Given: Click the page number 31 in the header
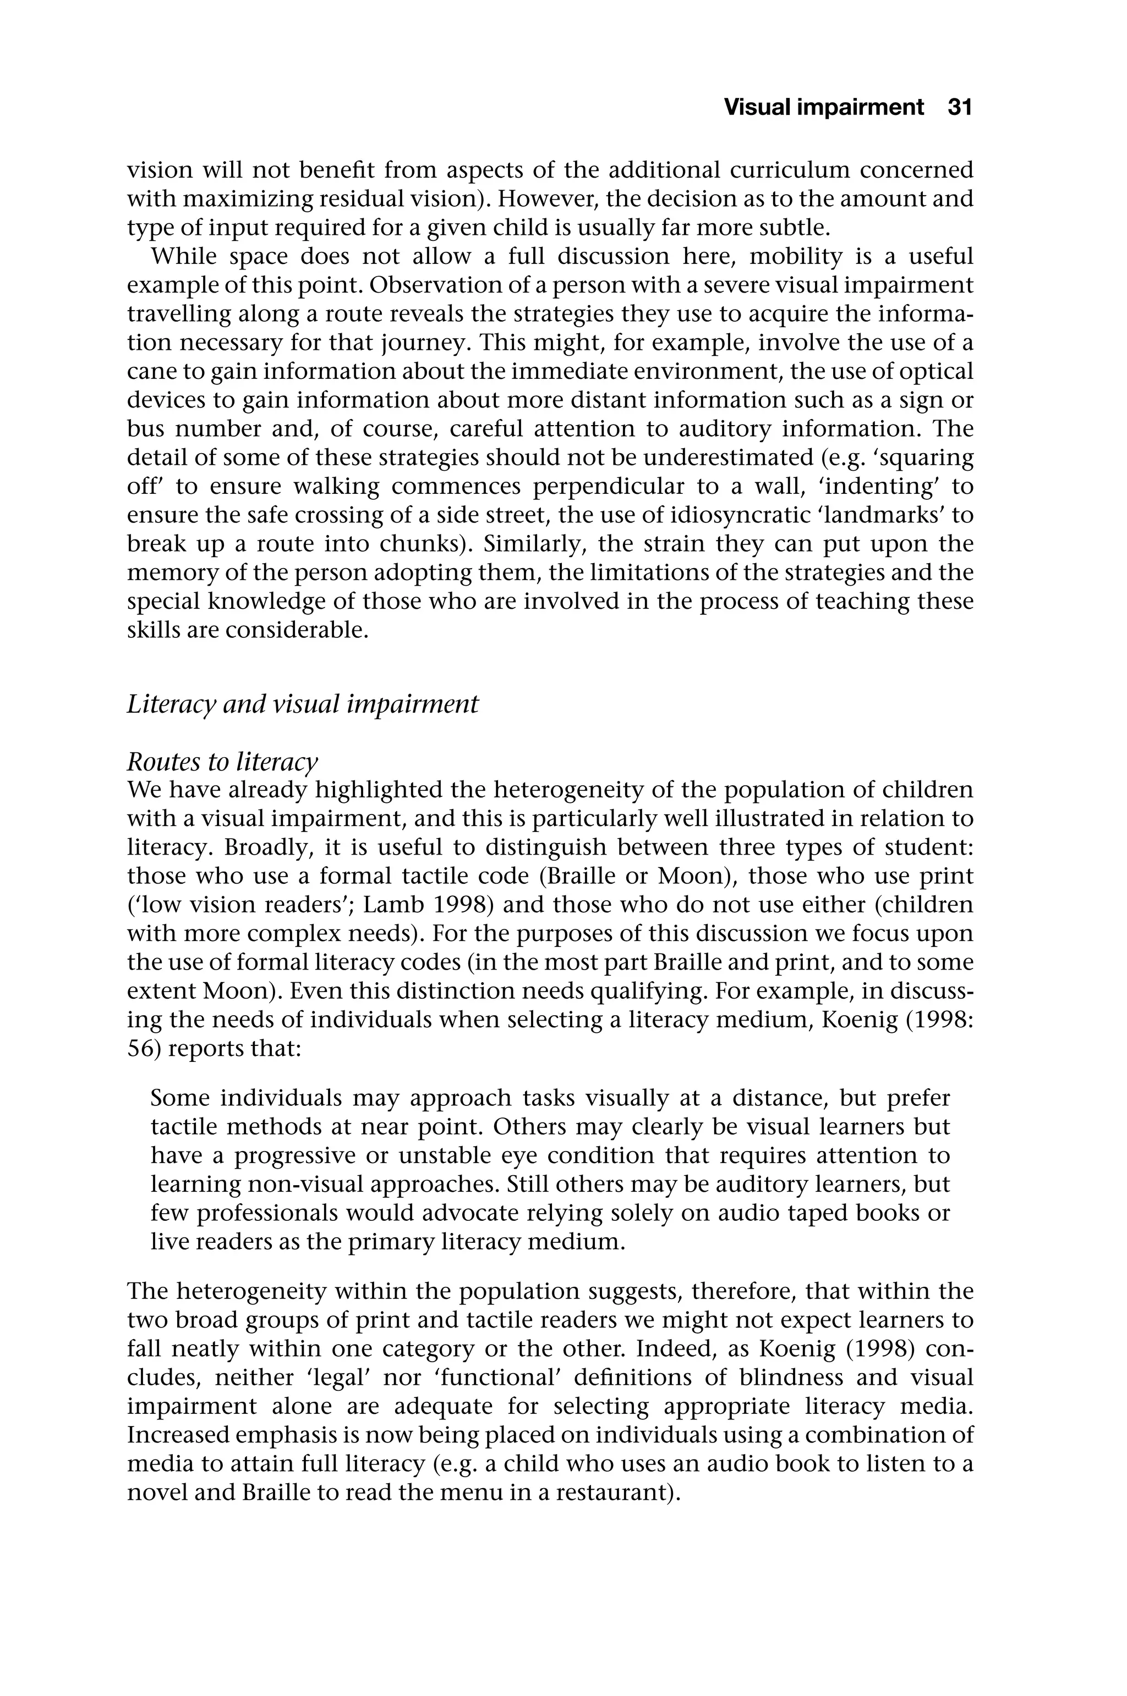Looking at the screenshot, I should click(x=960, y=108).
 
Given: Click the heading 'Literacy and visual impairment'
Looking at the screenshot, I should click(x=303, y=704).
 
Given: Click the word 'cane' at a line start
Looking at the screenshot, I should click(x=147, y=371).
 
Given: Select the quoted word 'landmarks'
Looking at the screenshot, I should click(x=885, y=515).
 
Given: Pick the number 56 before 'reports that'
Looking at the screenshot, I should click(x=141, y=1049).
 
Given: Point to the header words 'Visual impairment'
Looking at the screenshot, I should click(x=824, y=108).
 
